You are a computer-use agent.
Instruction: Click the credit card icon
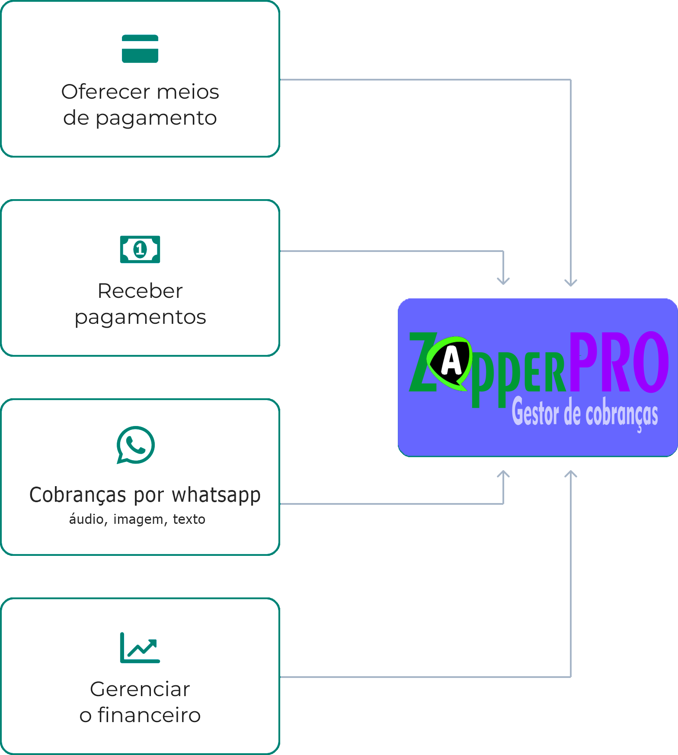140,49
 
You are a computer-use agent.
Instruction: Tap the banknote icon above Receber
140,249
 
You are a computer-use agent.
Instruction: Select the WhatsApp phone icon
136,445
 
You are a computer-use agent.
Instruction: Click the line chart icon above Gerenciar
140,648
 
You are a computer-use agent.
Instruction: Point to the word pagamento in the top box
156,118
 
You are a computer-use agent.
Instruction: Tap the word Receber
140,291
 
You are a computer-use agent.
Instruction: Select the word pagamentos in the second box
140,317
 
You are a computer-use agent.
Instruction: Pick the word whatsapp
216,495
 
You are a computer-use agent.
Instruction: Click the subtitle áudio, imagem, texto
137,519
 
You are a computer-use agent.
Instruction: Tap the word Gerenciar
140,689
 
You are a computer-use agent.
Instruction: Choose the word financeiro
149,715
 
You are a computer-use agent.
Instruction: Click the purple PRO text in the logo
618,363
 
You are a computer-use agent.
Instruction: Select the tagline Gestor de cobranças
585,414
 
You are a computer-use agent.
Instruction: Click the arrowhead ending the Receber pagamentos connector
503,281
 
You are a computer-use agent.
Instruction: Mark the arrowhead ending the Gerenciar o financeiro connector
571,474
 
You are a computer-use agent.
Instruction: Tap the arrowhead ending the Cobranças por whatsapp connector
503,474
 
